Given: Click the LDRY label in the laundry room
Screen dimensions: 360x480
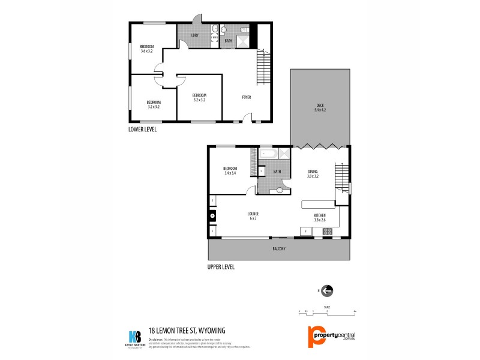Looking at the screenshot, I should click(x=194, y=35).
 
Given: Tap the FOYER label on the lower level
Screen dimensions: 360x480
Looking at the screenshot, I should click(x=247, y=97).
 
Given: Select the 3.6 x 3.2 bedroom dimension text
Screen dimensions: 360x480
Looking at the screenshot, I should click(x=147, y=52).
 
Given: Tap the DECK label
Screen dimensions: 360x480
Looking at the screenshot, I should click(x=320, y=106).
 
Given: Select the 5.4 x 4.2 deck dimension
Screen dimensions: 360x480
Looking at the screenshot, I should click(x=320, y=110).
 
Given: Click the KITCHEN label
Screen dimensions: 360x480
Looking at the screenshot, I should click(x=320, y=215).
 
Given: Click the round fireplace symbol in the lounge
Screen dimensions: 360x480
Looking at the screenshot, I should click(x=212, y=217).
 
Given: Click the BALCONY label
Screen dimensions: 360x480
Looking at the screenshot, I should click(x=278, y=248).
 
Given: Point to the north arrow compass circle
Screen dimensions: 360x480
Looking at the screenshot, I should click(x=327, y=291).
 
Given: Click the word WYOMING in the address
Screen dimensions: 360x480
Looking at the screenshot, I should click(x=214, y=330).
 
